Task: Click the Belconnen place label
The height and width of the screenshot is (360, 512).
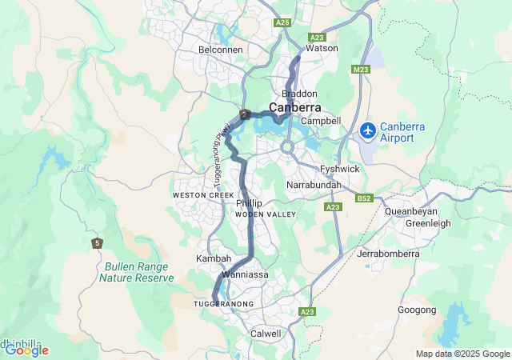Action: tap(220, 50)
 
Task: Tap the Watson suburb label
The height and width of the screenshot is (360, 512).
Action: tap(322, 48)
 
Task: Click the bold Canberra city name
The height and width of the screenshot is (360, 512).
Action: tap(294, 107)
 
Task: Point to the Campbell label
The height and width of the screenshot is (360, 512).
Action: tap(322, 121)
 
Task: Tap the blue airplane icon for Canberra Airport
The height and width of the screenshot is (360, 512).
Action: tap(368, 130)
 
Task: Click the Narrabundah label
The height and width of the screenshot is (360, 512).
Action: tap(314, 185)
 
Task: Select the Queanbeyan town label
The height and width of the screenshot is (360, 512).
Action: tap(410, 212)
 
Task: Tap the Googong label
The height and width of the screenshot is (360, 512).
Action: tap(417, 310)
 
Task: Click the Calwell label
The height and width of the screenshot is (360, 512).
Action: tap(266, 333)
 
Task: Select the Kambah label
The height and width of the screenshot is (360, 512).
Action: tap(214, 259)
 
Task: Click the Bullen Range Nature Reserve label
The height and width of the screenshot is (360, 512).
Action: tap(136, 272)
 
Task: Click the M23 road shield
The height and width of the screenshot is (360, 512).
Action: tap(361, 70)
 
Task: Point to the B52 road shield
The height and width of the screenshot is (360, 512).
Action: tap(365, 198)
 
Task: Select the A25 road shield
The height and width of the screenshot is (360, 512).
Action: tap(282, 23)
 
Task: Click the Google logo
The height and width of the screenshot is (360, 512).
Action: tap(26, 350)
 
